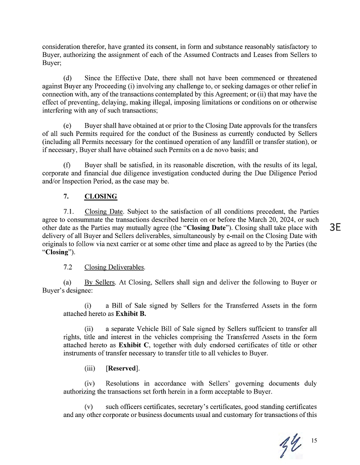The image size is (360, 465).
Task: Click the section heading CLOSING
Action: (x=100, y=196)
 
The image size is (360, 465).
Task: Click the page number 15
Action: (x=314, y=440)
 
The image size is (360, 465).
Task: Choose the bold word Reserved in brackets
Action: (x=121, y=368)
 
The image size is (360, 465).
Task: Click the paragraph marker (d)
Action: (x=68, y=78)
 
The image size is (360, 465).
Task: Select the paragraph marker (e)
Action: (x=68, y=124)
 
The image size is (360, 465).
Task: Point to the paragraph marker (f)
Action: (x=67, y=164)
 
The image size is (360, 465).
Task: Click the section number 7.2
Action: (x=69, y=267)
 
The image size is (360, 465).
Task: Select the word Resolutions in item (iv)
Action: (x=125, y=383)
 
